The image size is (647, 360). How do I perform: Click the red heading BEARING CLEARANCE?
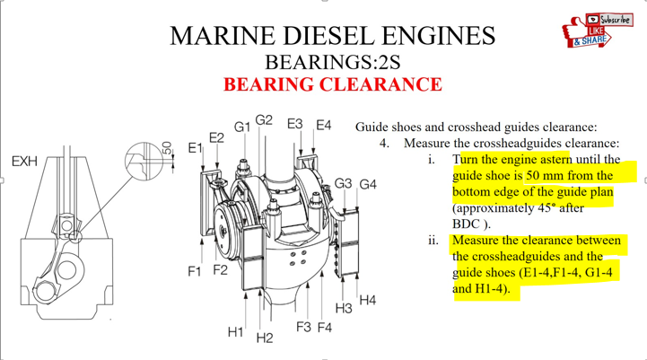point(333,84)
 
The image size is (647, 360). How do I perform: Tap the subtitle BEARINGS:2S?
point(333,62)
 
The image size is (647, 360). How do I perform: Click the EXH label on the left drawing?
point(24,161)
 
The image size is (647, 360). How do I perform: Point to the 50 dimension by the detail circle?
point(167,148)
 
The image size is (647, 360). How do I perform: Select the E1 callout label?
point(196,147)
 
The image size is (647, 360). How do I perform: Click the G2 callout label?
point(264,120)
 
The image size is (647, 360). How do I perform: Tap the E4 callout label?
point(323,125)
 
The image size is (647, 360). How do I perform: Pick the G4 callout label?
point(368,184)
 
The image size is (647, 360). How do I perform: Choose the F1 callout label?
point(195,271)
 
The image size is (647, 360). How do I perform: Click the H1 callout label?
point(236,331)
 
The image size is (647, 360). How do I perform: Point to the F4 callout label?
point(325,328)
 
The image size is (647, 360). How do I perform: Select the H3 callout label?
point(344,309)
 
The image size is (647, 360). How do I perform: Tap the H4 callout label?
point(368,300)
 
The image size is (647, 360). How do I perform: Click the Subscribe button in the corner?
point(609,20)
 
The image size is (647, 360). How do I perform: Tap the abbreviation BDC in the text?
point(467,224)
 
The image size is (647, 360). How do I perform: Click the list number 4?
point(384,144)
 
